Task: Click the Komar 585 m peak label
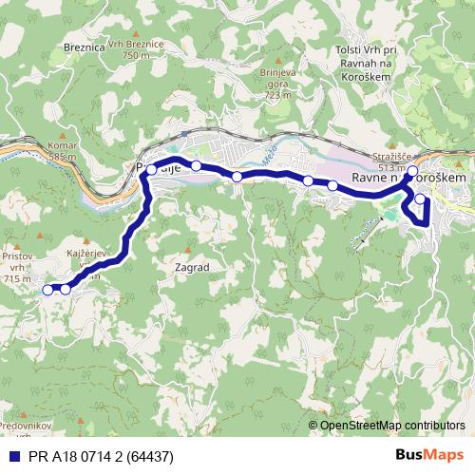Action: (x=61, y=150)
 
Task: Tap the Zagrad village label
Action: (x=192, y=268)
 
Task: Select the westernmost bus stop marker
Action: (x=47, y=290)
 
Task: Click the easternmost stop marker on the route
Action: (x=421, y=199)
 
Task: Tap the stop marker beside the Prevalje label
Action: (x=152, y=170)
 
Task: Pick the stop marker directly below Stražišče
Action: (x=411, y=172)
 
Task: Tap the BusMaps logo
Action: (x=429, y=456)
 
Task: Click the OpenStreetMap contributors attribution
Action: (x=391, y=425)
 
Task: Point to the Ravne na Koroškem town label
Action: (x=408, y=178)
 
